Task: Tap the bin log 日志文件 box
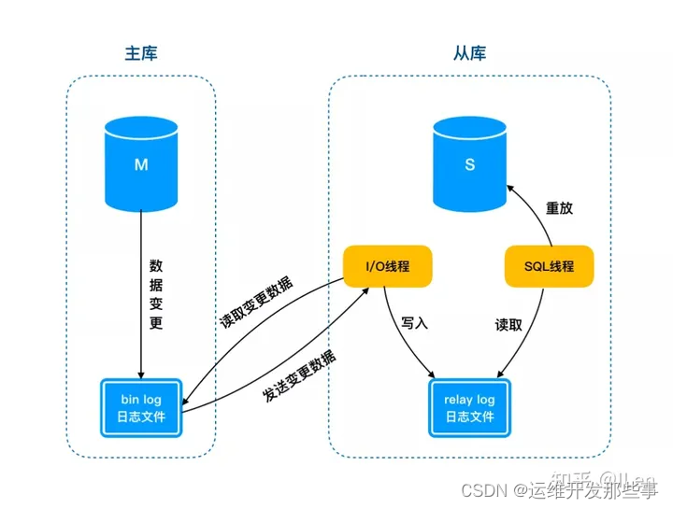141,408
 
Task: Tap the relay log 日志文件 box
469,408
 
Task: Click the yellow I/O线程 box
388,266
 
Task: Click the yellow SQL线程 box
551,266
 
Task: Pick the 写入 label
413,323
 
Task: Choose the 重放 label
559,208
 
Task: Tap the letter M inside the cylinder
141,164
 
